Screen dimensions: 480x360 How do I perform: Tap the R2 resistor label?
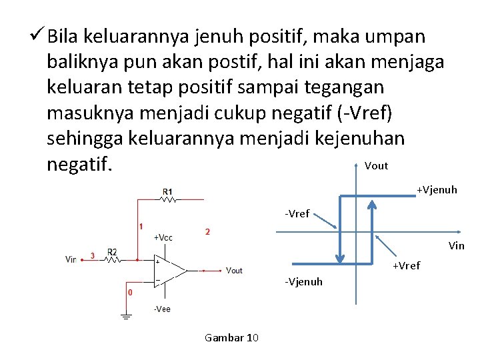[113, 252]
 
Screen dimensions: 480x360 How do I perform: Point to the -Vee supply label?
[161, 309]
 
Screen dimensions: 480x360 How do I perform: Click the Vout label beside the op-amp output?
[234, 270]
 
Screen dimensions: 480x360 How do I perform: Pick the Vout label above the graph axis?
[377, 166]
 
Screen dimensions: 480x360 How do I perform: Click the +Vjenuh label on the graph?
[437, 190]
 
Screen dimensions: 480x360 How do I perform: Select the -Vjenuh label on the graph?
[303, 281]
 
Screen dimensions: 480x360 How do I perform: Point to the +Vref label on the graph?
[406, 266]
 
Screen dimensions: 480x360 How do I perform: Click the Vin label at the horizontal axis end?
[457, 245]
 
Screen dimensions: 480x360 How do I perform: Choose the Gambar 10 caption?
[231, 337]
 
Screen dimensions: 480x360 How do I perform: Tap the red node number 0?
[129, 292]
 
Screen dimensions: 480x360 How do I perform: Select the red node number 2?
[207, 231]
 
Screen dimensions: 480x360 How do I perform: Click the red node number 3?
[92, 255]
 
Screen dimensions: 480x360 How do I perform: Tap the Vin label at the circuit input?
[71, 259]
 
